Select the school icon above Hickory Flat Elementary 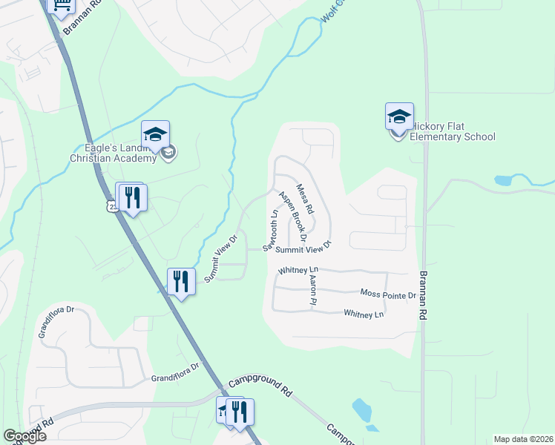pos(398,116)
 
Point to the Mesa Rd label pos(303,200)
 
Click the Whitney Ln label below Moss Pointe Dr pos(364,314)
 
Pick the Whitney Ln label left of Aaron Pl pos(298,270)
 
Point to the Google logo pos(25,436)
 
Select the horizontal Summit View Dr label pos(303,250)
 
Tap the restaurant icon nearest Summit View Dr pos(181,282)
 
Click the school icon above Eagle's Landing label pos(156,134)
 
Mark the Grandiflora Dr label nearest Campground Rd pos(177,377)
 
